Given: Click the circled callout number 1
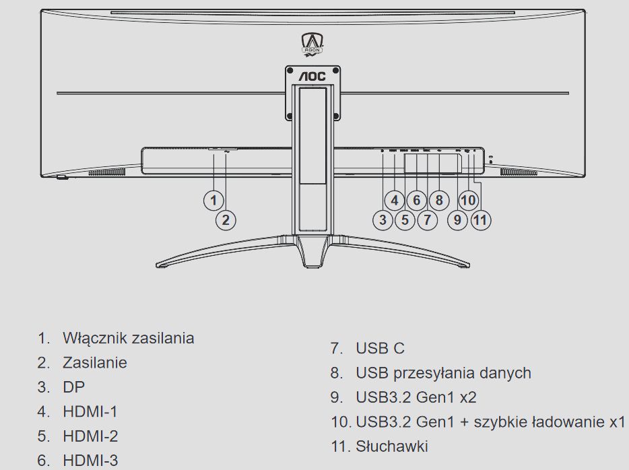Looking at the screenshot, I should [x=213, y=199].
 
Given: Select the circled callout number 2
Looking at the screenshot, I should [x=226, y=220].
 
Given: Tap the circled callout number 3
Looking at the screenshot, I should [x=383, y=220].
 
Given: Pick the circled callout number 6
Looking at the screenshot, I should [x=416, y=200].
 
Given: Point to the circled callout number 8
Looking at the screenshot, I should [x=438, y=200].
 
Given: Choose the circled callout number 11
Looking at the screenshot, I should [x=481, y=220].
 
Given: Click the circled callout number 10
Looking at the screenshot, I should [x=468, y=200].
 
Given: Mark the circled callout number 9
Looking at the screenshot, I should [x=458, y=220].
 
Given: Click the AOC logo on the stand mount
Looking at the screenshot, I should [x=312, y=77].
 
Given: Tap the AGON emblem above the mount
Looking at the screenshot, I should [x=312, y=46].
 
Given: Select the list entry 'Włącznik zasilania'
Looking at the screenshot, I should [x=128, y=338].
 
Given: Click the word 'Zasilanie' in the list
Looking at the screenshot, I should [x=94, y=362].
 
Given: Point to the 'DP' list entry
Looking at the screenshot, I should [x=73, y=387].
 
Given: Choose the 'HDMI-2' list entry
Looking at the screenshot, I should [x=90, y=436].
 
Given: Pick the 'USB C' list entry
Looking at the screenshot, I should [x=380, y=348].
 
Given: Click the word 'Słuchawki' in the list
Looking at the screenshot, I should [x=391, y=446].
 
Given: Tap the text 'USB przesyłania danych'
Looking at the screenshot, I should [x=443, y=372].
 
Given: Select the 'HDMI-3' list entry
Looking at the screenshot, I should [x=90, y=460].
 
